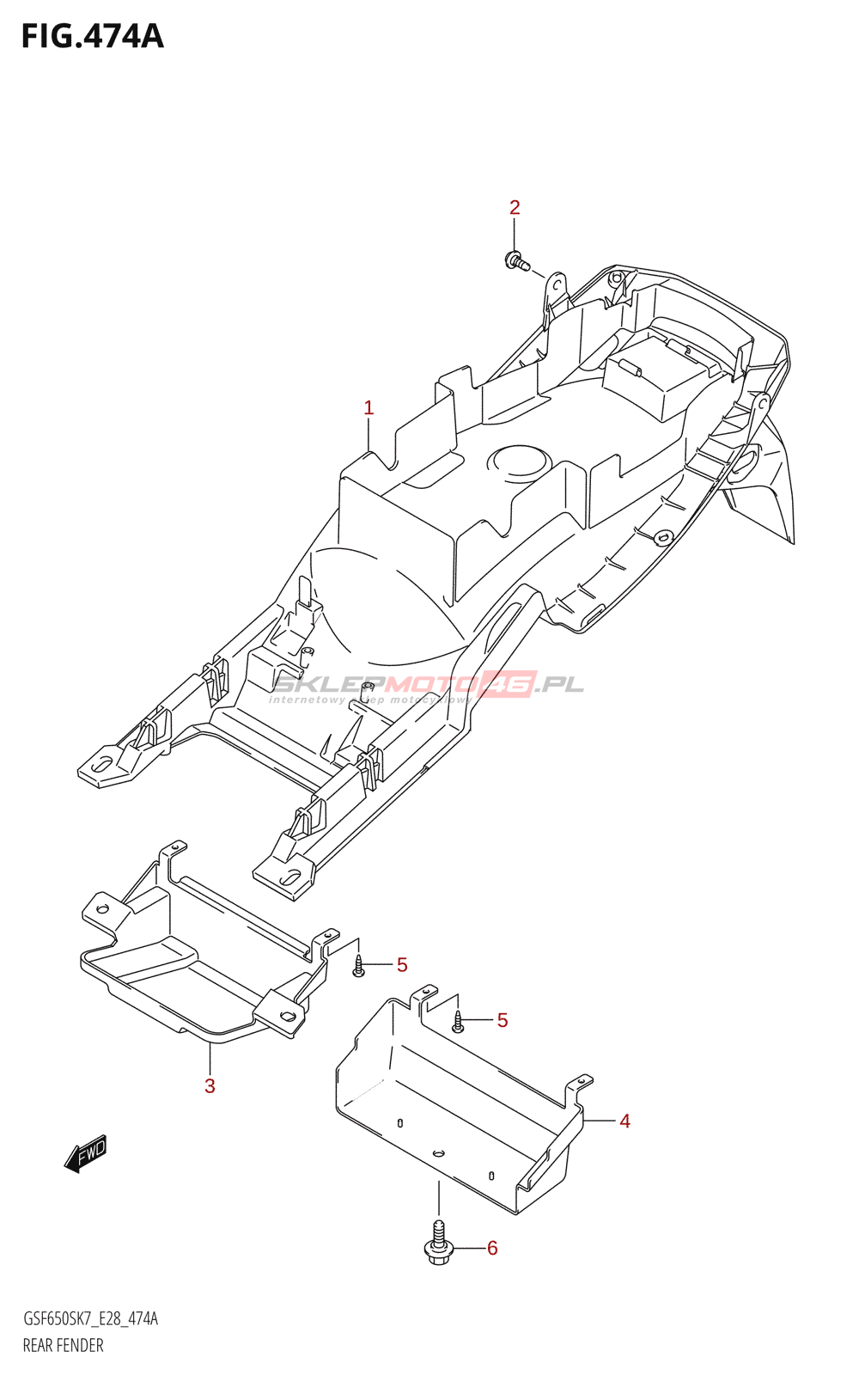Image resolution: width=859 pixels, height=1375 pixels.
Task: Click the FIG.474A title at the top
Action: point(92,36)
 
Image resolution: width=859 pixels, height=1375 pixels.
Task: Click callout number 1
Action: point(369,407)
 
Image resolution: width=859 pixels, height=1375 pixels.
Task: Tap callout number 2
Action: point(515,207)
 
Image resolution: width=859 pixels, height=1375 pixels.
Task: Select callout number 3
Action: point(210,1085)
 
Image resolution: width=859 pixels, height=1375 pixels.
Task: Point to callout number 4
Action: point(624,1121)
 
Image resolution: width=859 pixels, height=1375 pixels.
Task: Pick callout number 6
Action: point(492,1248)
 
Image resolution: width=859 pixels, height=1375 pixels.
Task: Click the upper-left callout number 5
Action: point(402,965)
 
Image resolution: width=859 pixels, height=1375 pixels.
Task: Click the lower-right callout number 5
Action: point(503,1020)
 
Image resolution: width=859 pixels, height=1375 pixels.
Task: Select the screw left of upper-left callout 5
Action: point(359,967)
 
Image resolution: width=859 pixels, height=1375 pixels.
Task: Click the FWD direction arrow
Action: point(86,1153)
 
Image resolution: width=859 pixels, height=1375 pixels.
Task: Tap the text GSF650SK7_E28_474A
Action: point(90,1319)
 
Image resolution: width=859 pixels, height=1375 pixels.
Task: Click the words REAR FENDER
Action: point(63,1346)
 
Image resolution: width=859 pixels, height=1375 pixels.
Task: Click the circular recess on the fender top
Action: point(519,461)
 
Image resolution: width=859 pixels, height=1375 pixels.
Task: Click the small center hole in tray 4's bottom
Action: point(438,1152)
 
